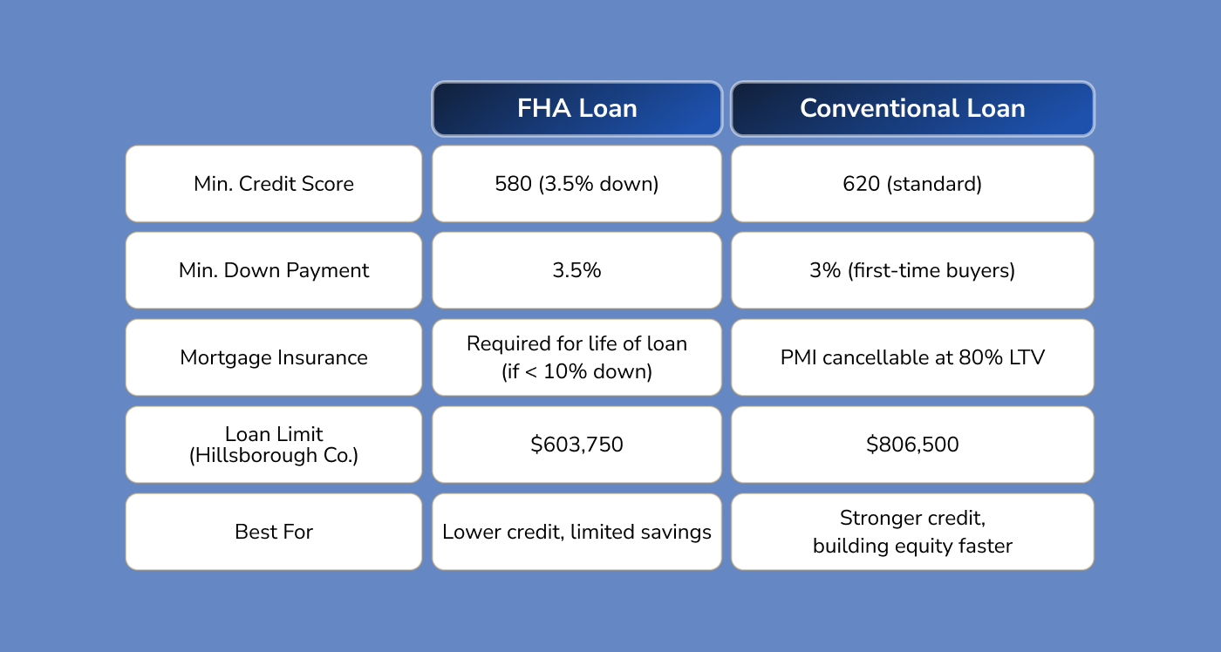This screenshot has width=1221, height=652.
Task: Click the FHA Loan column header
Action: point(576,109)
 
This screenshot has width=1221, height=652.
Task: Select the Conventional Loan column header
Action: point(912,109)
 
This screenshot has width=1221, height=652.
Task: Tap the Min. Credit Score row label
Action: point(274,184)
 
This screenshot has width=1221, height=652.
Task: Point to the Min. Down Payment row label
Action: point(274,270)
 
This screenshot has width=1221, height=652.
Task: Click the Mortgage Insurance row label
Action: point(274,357)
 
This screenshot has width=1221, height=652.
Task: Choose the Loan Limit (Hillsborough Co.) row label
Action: point(274,445)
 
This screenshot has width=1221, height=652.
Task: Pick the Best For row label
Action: point(274,532)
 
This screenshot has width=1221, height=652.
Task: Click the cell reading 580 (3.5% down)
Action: point(576,184)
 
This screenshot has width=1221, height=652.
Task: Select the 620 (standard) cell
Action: point(912,184)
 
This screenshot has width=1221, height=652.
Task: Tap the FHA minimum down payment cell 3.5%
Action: point(576,270)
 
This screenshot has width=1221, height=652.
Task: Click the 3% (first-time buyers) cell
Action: point(912,270)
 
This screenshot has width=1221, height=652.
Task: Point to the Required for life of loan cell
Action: point(576,357)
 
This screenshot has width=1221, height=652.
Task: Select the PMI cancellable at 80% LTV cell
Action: point(912,357)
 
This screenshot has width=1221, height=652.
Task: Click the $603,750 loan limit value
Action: point(576,445)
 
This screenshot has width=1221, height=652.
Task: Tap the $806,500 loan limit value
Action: point(912,445)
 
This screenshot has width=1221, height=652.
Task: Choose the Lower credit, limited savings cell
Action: point(576,532)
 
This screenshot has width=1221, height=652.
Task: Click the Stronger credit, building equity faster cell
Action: point(912,532)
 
